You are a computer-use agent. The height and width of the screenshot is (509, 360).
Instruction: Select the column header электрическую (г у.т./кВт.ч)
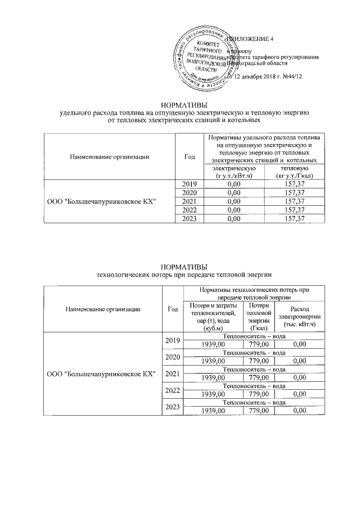pos(231,173)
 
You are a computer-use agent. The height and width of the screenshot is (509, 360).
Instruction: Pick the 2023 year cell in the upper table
pos(188,219)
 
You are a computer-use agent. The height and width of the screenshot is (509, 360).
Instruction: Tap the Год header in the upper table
pos(188,156)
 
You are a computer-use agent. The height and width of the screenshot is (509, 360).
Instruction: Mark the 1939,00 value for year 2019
pos(211,344)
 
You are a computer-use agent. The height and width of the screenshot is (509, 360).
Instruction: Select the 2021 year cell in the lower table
pos(173,373)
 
